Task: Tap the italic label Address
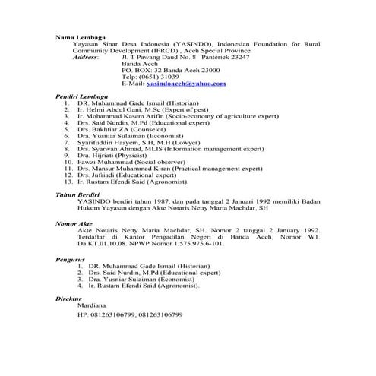click(x=84, y=58)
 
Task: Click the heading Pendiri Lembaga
click(x=83, y=97)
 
